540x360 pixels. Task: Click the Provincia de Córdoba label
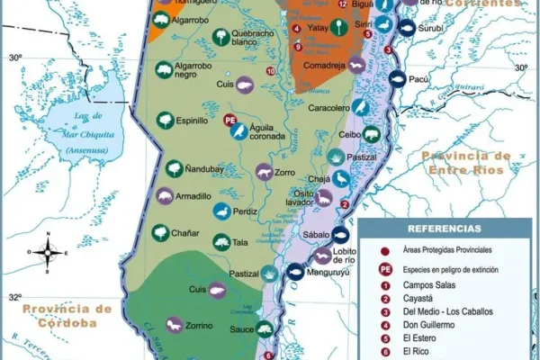coord(68,316)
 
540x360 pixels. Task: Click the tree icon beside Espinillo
coord(165,120)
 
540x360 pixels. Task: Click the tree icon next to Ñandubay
coord(175,167)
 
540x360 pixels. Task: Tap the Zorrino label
coord(202,325)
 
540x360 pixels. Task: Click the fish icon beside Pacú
coord(395,79)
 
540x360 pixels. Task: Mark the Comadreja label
coord(325,66)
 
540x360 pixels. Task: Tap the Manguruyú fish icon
coord(295,270)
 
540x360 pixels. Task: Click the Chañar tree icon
coord(161,233)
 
